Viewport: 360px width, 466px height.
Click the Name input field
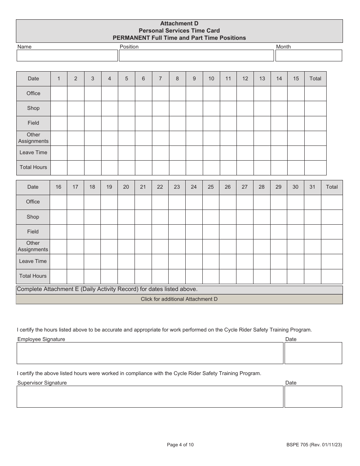[x=67, y=56]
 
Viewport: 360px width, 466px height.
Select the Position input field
[x=196, y=56]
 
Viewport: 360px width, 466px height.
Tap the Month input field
[x=308, y=56]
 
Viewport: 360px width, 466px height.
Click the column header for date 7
[x=160, y=79]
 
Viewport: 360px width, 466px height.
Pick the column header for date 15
[x=296, y=79]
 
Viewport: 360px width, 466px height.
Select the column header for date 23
[x=177, y=187]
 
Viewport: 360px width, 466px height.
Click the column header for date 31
[x=312, y=187]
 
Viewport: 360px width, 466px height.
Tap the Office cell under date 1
[x=59, y=94]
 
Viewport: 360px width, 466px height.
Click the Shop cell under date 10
[x=211, y=108]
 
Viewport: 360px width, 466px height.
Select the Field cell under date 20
[x=126, y=232]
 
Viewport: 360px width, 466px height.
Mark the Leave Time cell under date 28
[x=261, y=261]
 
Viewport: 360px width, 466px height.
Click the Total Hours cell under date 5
[x=127, y=167]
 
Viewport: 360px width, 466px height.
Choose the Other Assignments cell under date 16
[x=58, y=247]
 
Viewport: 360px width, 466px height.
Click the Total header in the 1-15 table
[x=315, y=79]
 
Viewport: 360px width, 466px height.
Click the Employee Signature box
[x=150, y=353]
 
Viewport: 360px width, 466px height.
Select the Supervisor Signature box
[x=150, y=397]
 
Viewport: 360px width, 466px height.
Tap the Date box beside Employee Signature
[x=313, y=353]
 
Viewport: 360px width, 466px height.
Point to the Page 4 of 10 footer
[x=180, y=445]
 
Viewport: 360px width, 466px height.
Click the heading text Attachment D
[x=179, y=23]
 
